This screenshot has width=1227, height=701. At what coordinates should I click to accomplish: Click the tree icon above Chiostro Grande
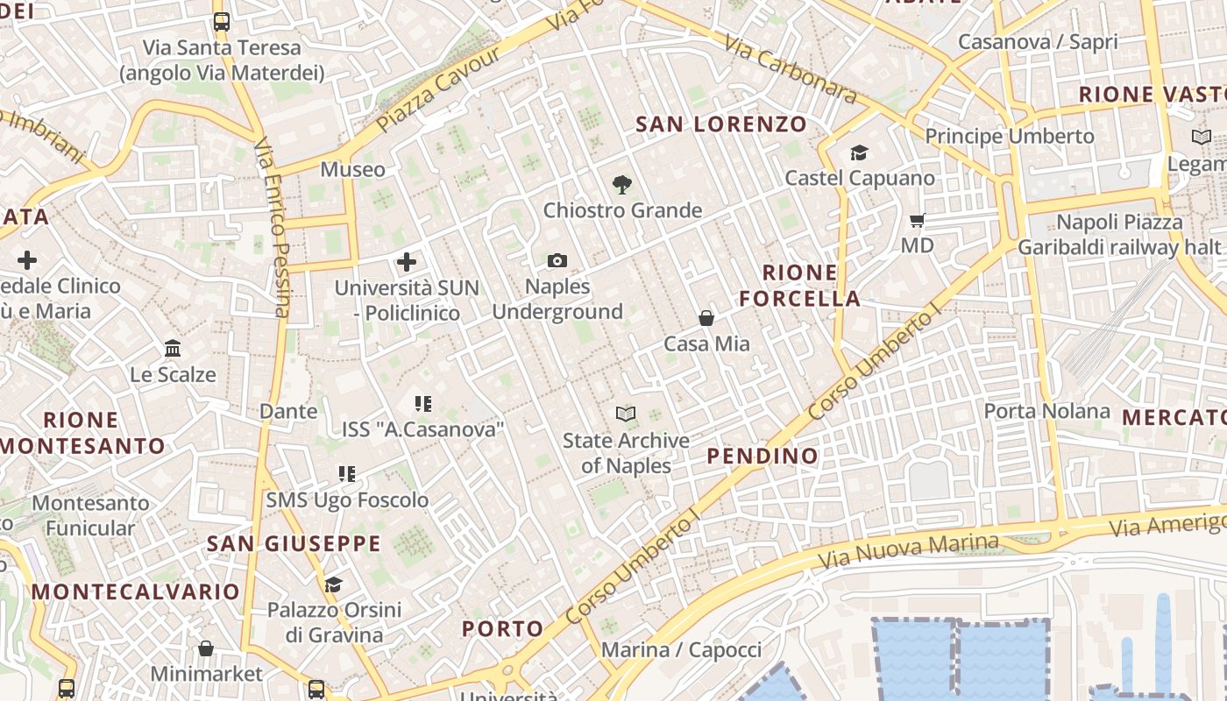(622, 184)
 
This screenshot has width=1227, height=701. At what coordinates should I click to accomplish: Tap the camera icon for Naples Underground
(557, 260)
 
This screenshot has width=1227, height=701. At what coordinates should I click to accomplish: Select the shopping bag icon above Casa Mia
(706, 318)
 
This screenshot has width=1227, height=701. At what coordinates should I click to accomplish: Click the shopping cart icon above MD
(918, 220)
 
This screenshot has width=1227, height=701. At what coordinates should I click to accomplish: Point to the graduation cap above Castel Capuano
(859, 152)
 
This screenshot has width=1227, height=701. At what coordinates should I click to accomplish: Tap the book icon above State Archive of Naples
(626, 414)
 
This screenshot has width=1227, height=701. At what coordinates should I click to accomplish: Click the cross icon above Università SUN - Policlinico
(407, 261)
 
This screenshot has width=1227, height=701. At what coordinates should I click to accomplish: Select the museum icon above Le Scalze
(173, 349)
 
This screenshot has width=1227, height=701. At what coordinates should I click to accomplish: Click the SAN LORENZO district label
(720, 124)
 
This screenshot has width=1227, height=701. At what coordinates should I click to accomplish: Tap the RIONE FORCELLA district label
(799, 286)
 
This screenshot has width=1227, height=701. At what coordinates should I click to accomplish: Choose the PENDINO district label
(762, 456)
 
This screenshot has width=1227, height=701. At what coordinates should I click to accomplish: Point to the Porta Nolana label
(1046, 411)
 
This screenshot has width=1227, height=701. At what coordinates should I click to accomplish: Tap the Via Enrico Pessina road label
(273, 228)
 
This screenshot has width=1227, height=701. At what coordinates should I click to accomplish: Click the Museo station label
(352, 169)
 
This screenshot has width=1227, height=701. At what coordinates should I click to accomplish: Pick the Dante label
(288, 411)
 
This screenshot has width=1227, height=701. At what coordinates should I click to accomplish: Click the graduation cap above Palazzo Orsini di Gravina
(333, 584)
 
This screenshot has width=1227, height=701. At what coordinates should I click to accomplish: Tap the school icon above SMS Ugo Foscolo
(347, 474)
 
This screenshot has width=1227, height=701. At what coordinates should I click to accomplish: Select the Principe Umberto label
(1010, 136)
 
